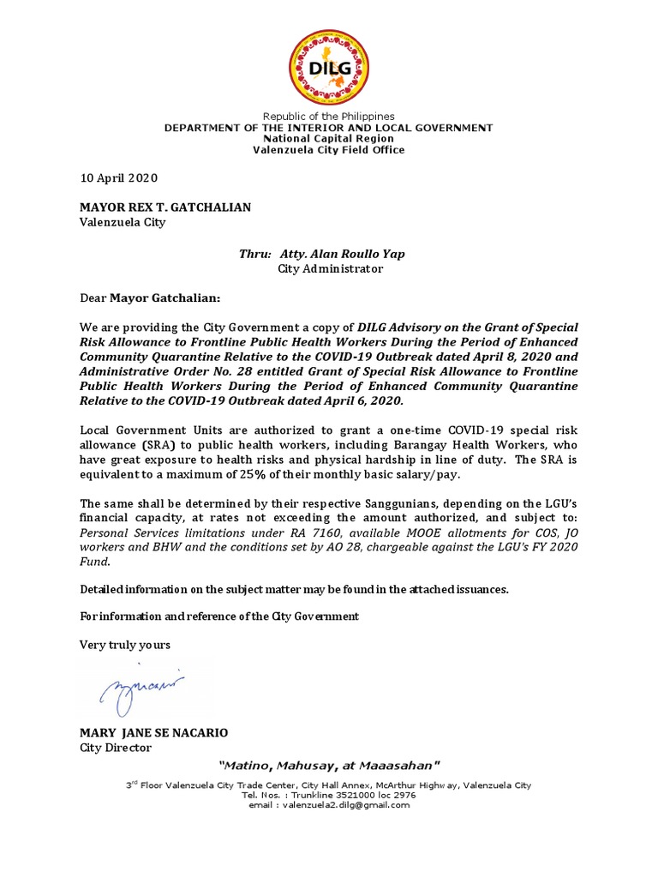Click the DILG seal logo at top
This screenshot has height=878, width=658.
(x=329, y=65)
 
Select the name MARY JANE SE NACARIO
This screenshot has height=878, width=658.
(x=154, y=733)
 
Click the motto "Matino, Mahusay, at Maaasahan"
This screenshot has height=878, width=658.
(x=329, y=764)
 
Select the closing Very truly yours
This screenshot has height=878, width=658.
(x=125, y=644)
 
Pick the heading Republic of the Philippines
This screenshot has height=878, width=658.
(x=329, y=117)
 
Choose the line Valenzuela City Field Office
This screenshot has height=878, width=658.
(x=329, y=150)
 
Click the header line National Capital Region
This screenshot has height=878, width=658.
(x=329, y=139)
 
